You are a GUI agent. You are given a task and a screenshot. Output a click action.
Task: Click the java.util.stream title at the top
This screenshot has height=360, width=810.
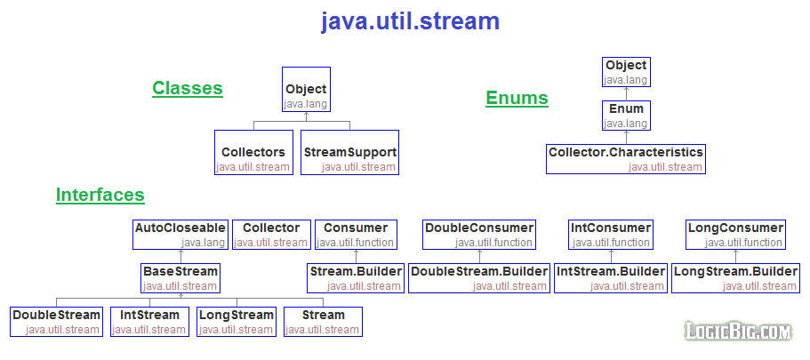pos(410,21)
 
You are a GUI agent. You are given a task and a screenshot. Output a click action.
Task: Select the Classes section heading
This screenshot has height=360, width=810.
pos(187,88)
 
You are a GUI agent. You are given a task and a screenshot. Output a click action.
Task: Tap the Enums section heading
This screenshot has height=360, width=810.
pos(517,98)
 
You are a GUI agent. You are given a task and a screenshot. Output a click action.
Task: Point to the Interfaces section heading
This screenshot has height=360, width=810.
pos(100,195)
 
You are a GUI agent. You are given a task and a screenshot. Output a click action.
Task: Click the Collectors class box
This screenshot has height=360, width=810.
pos(253,152)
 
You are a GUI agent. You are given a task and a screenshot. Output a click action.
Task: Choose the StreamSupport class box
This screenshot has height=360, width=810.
pos(349,152)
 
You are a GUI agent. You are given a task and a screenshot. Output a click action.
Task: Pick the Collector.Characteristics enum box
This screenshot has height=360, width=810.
pos(626,159)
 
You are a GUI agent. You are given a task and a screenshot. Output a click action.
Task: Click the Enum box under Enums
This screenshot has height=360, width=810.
pos(626,116)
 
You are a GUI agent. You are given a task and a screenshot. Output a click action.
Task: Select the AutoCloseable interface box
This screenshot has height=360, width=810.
pos(180,235)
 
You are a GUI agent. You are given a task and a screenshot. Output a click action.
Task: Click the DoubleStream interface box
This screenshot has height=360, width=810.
pos(56,322)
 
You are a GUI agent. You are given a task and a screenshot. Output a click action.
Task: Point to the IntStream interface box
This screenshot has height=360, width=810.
pos(148,322)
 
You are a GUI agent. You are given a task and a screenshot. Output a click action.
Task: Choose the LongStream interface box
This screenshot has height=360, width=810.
pos(236,322)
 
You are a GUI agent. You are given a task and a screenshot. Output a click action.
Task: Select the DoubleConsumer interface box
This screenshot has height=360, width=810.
pos(479,235)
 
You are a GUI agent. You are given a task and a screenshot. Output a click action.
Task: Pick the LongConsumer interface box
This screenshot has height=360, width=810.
pos(735,235)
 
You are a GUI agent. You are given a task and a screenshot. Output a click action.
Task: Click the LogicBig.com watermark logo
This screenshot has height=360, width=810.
pos(738,332)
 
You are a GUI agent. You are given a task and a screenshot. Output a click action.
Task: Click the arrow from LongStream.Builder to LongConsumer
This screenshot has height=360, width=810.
pos(735,256)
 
